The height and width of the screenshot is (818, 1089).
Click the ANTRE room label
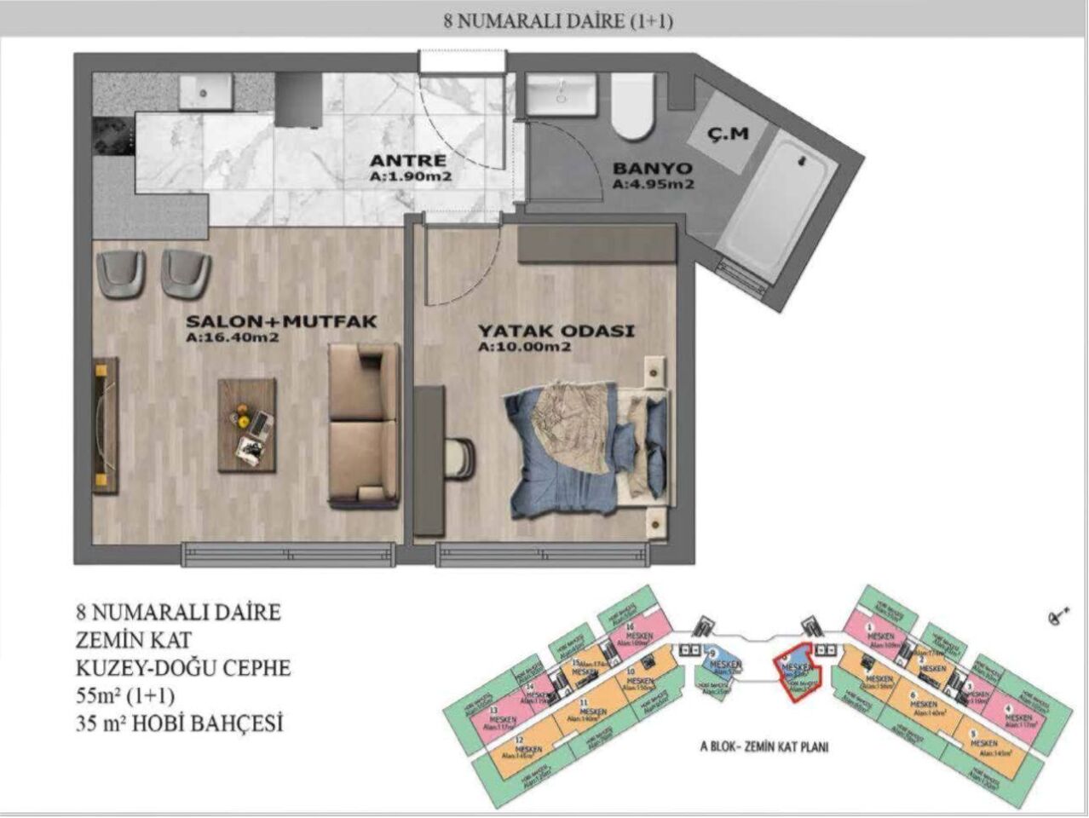pos(407,160)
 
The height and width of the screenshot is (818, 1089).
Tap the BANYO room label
pos(652,168)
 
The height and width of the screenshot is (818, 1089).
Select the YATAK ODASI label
pos(555,331)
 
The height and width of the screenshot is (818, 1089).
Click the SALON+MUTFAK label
pos(281,321)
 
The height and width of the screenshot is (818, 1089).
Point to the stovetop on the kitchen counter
pos(113,131)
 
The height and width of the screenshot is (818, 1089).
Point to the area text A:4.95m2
pos(654,184)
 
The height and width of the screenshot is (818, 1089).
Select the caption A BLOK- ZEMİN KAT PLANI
pos(763,747)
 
